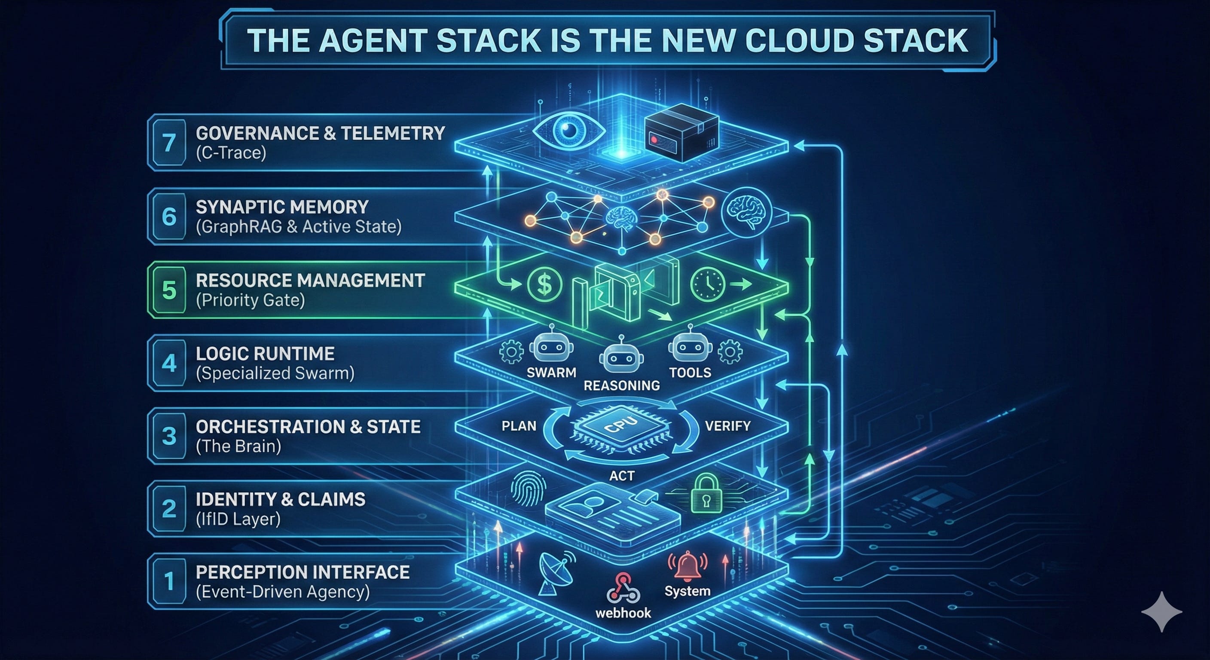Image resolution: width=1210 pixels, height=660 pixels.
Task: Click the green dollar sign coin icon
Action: coord(544,284)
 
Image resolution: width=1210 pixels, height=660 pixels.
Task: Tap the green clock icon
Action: coord(707,284)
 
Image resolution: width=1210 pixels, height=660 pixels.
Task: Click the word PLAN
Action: coord(519,426)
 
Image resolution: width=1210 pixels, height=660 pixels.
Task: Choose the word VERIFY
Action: coord(727,426)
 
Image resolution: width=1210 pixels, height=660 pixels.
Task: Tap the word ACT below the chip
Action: coord(621,476)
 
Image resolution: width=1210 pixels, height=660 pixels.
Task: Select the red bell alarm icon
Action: coord(687,565)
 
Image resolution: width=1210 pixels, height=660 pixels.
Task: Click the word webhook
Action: coord(623,613)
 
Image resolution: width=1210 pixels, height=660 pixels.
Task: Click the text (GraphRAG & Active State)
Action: coord(299,226)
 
